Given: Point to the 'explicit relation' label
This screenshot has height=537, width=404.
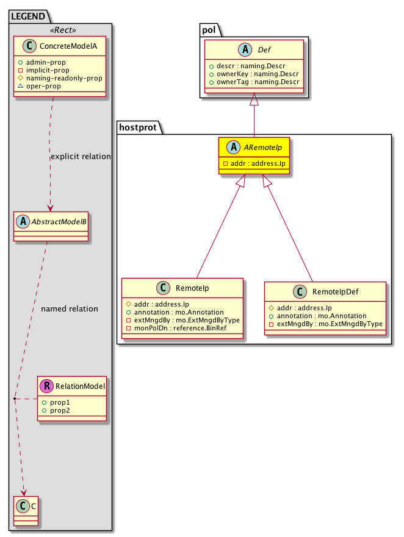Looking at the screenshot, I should (81, 157).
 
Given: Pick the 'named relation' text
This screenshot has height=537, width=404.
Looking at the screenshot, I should (69, 309).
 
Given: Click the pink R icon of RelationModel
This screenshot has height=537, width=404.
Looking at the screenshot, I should (46, 386).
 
